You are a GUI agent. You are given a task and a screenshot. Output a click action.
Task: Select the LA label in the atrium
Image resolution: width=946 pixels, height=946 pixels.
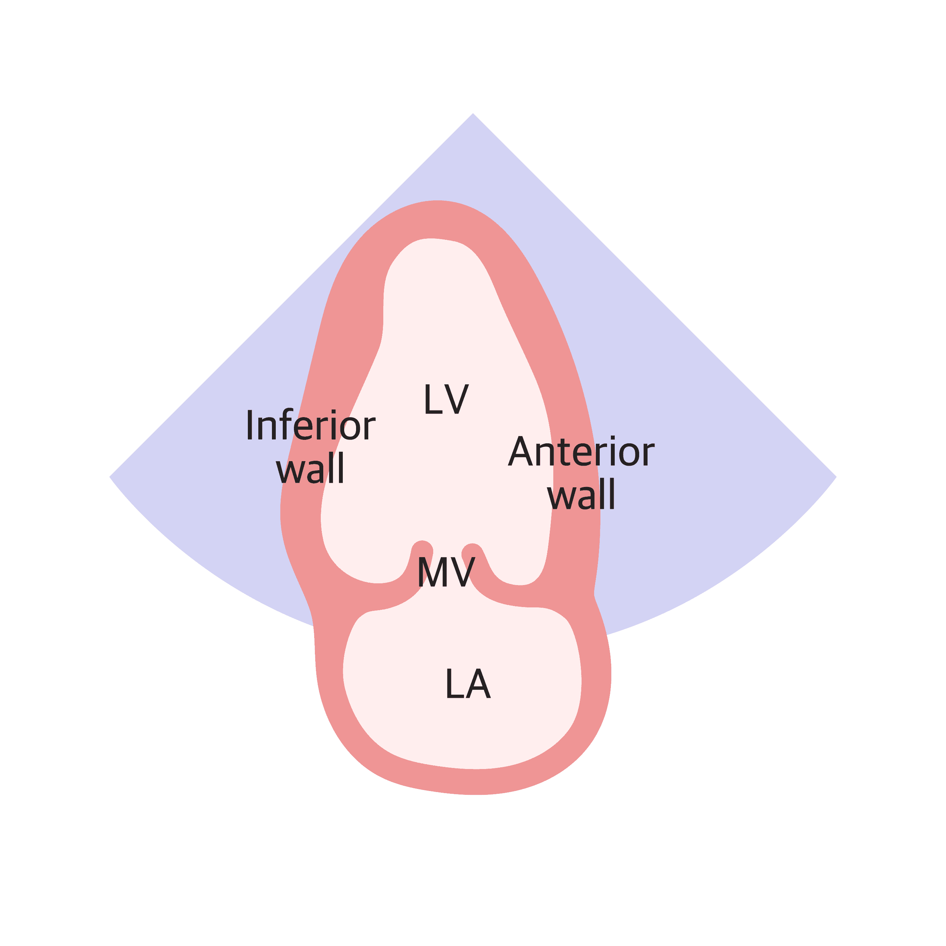(468, 684)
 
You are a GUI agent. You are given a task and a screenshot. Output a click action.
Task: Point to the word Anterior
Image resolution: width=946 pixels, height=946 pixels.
(581, 451)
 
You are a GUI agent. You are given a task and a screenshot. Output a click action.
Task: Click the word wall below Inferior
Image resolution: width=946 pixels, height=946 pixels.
(310, 468)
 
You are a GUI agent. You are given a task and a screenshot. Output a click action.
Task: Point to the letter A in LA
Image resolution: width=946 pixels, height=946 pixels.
(478, 684)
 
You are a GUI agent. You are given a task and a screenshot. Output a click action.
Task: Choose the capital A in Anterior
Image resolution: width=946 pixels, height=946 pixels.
(520, 451)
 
